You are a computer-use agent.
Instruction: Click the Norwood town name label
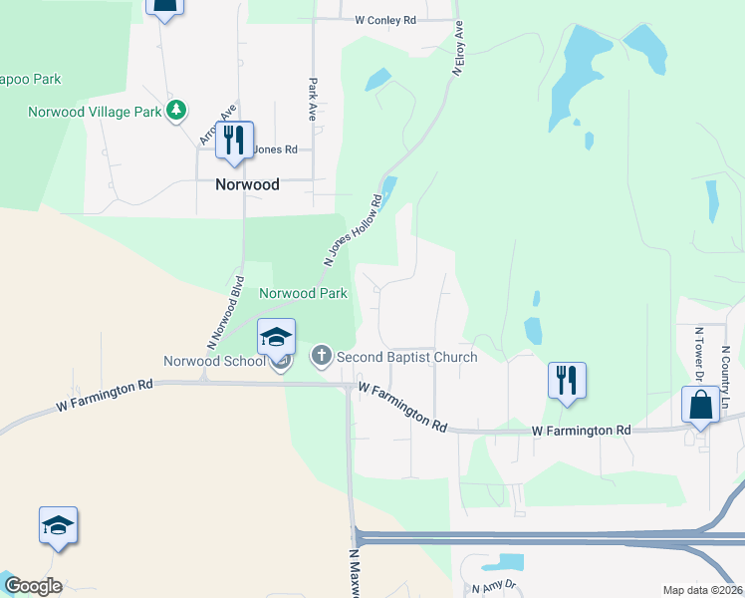(x=247, y=184)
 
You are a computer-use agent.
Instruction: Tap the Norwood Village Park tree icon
(x=177, y=111)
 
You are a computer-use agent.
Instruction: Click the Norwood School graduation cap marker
(x=276, y=338)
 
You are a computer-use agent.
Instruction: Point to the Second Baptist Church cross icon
(x=322, y=355)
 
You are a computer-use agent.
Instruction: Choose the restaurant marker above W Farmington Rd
(x=567, y=381)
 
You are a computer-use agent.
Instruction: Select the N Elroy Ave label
(x=459, y=48)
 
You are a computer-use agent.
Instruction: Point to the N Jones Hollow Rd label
(x=354, y=230)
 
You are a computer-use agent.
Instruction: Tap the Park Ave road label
(x=313, y=100)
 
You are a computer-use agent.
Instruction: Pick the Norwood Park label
(x=303, y=293)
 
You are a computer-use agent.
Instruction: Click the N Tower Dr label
(x=700, y=353)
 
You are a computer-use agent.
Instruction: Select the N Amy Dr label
(x=495, y=587)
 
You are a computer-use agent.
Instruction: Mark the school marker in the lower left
(x=58, y=525)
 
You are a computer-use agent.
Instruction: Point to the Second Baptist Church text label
(x=406, y=357)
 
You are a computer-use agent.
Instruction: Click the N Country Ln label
(x=725, y=369)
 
